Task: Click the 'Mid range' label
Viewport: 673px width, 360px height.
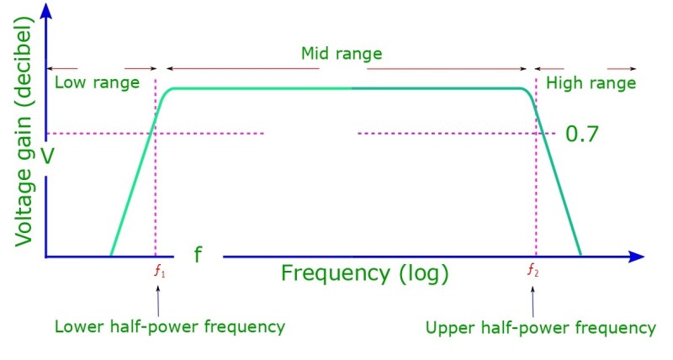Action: (x=342, y=54)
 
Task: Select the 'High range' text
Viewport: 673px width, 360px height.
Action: (x=591, y=83)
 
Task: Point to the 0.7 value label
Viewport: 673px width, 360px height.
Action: (x=581, y=134)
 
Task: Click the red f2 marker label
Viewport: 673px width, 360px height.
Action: (x=533, y=271)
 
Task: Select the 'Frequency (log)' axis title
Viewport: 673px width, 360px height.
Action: (x=364, y=273)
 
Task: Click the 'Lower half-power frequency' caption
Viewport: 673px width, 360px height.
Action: (x=169, y=326)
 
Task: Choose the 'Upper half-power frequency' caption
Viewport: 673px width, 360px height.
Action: (x=540, y=327)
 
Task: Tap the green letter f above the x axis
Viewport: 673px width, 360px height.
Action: (x=198, y=255)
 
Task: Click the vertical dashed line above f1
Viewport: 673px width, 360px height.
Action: (x=156, y=193)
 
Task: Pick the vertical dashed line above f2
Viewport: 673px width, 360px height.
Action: (x=536, y=202)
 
